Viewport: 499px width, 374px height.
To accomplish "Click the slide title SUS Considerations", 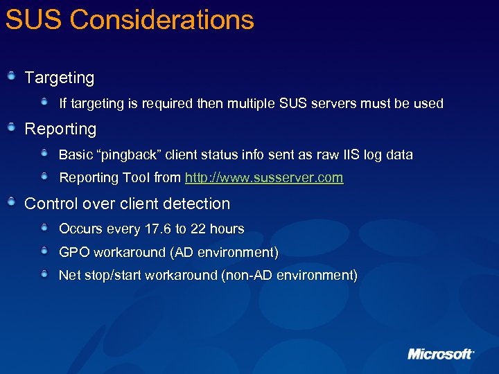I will [x=130, y=20].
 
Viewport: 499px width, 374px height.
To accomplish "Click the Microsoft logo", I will [x=441, y=354].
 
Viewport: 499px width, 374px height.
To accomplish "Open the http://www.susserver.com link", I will [x=263, y=178].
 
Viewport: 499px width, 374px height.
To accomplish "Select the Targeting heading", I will [x=59, y=78].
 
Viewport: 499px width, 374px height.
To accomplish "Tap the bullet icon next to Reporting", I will [x=11, y=127].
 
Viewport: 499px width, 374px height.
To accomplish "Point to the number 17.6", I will [x=159, y=229].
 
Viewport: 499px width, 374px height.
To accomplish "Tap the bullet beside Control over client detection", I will [x=11, y=202].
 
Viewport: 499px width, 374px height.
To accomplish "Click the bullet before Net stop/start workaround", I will [x=45, y=275].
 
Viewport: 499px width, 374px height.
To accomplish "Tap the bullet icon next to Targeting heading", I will [x=11, y=76].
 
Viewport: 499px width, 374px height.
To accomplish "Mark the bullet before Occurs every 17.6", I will [x=45, y=228].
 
